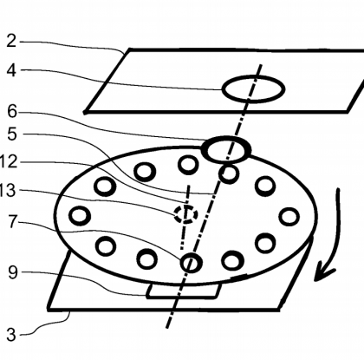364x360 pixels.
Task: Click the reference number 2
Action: [x=11, y=41]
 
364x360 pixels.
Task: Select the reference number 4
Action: [x=11, y=70]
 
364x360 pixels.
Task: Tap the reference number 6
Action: [x=12, y=111]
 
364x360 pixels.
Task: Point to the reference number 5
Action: [x=12, y=134]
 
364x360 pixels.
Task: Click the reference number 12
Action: [x=9, y=162]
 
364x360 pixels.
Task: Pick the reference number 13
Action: [x=8, y=191]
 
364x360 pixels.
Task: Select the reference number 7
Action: [x=12, y=222]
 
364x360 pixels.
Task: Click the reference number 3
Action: [x=11, y=335]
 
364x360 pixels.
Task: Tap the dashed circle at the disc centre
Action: [x=185, y=206]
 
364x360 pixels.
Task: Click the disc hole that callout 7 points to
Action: [x=191, y=254]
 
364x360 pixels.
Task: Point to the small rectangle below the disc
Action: [x=182, y=297]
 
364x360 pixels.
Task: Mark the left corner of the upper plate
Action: [x=85, y=112]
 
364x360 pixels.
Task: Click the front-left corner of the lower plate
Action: [x=49, y=310]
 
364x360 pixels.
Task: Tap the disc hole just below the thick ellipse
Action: [x=229, y=166]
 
